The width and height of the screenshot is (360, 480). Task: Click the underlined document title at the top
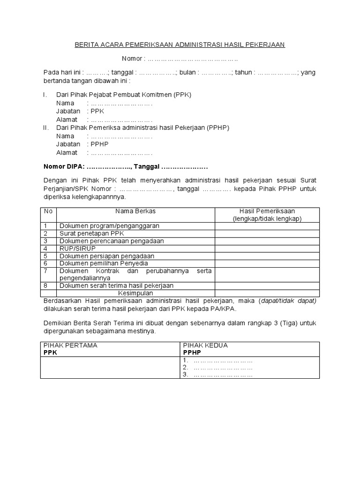point(180,45)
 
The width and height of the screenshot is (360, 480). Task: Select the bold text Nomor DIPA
point(63,167)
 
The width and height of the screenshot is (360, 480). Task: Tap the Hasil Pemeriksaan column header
point(267,211)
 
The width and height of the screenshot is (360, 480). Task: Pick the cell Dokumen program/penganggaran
point(109,226)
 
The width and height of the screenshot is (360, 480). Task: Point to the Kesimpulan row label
point(136,293)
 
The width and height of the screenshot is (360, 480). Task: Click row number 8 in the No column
point(46,285)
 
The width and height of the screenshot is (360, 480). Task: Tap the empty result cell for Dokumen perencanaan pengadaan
point(267,241)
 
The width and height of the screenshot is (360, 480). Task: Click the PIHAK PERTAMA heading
point(70,345)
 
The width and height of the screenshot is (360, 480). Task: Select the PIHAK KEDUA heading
point(205,345)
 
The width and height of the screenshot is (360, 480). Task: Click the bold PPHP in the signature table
point(192,352)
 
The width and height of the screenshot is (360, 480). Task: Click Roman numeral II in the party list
point(45,127)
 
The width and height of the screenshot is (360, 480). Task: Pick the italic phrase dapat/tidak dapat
point(288,300)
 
